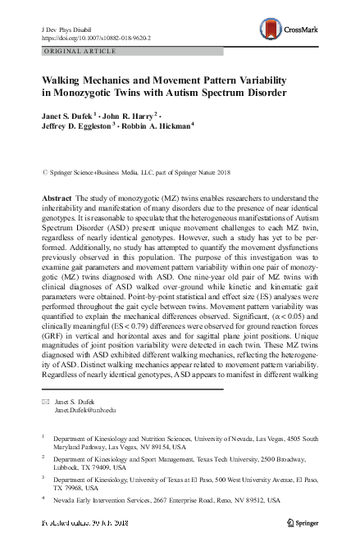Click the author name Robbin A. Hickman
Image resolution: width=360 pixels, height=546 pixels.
[x=156, y=127]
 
